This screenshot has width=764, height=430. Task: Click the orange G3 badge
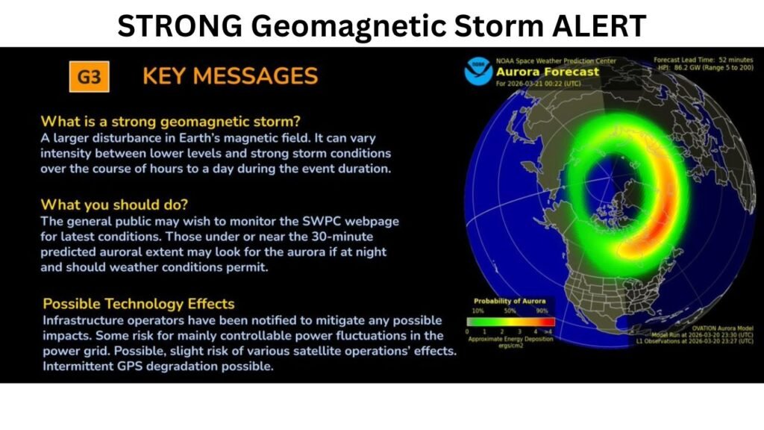(89, 76)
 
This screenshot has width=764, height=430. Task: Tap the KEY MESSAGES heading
(230, 76)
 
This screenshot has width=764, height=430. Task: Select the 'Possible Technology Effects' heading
(139, 304)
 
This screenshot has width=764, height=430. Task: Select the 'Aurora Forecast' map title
(548, 72)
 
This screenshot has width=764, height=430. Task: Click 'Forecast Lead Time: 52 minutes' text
(704, 59)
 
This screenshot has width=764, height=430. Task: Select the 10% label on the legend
(477, 310)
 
